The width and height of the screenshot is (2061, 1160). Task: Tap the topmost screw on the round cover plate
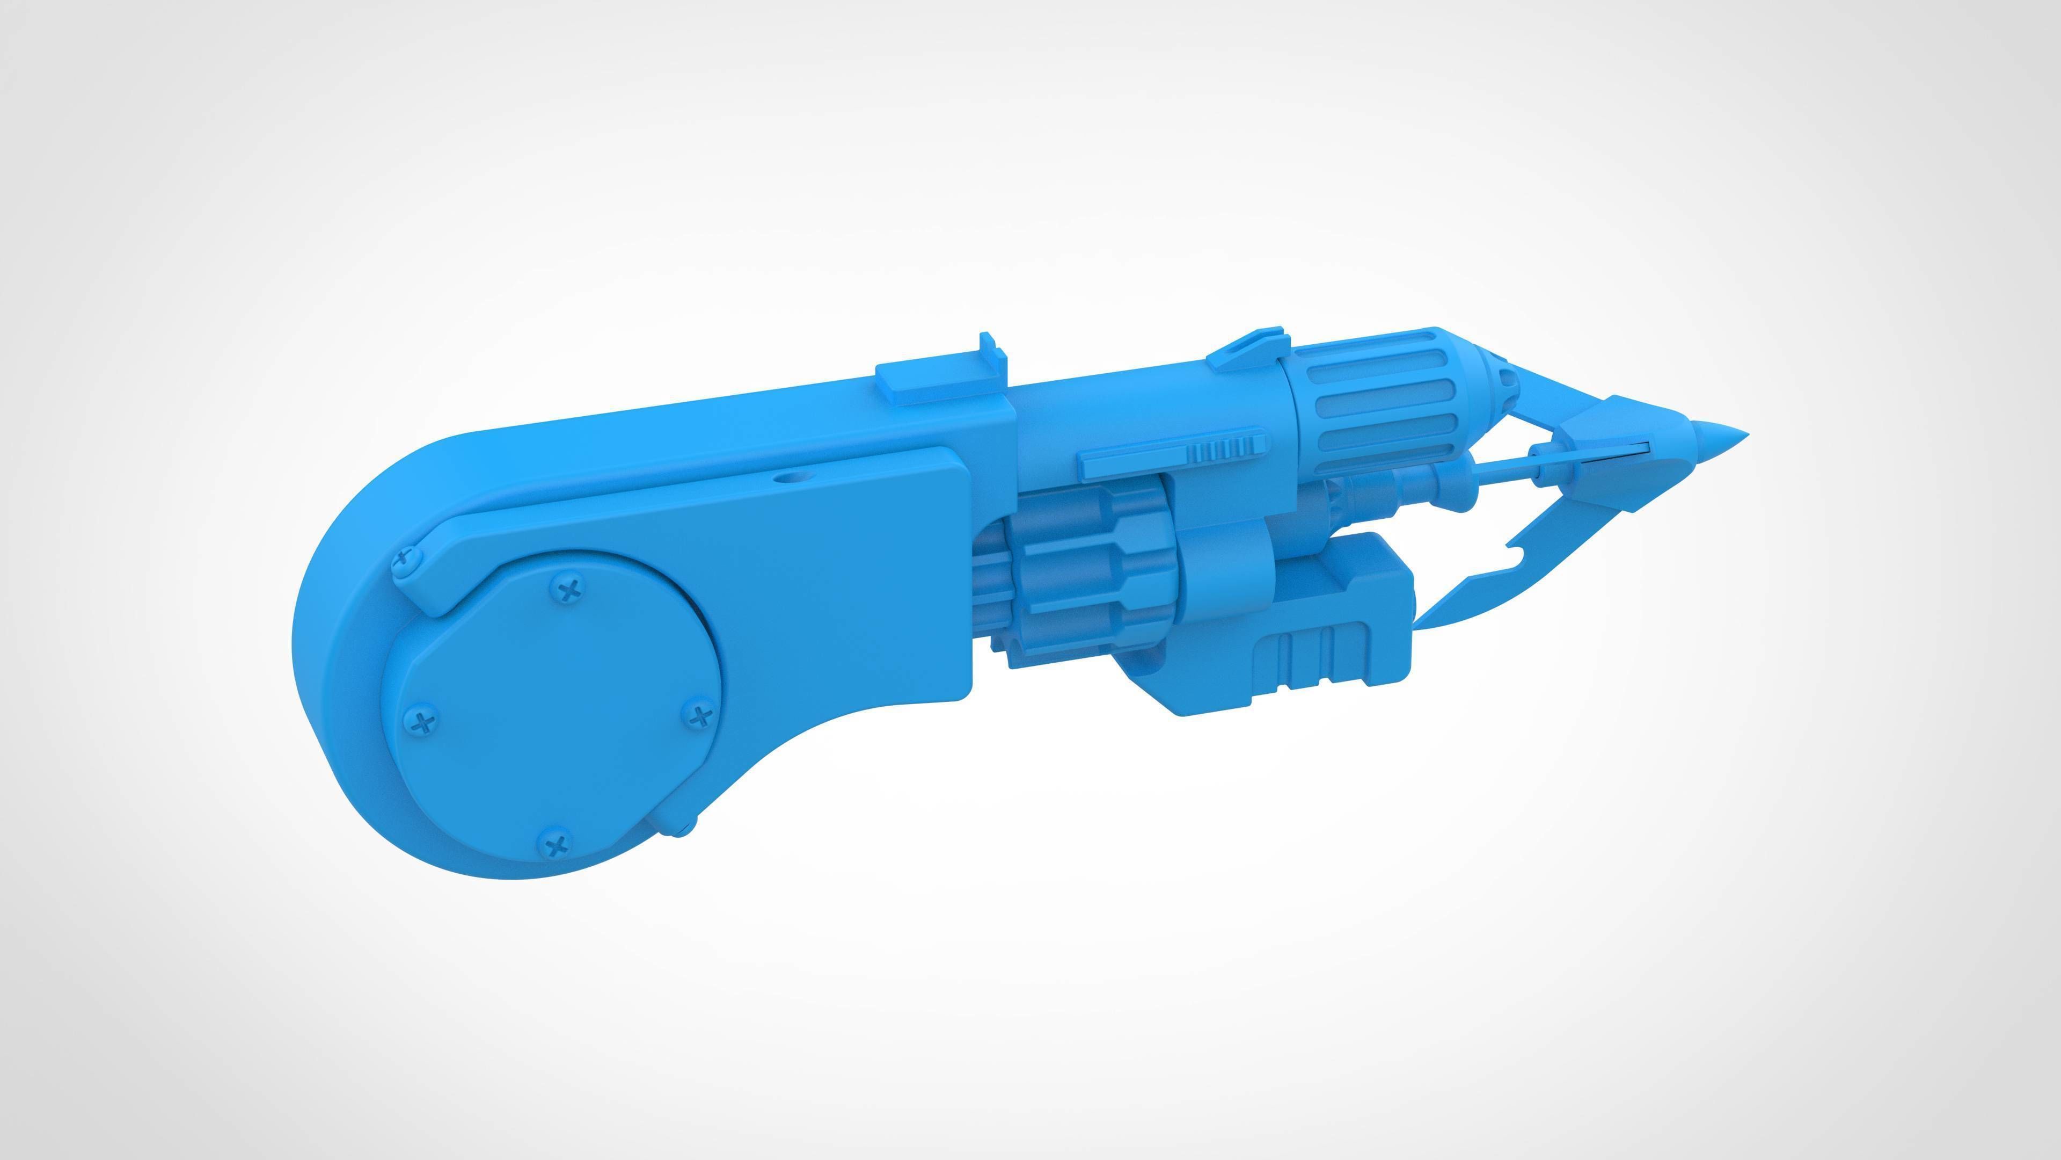point(569,591)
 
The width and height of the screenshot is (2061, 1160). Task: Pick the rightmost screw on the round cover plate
point(700,715)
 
